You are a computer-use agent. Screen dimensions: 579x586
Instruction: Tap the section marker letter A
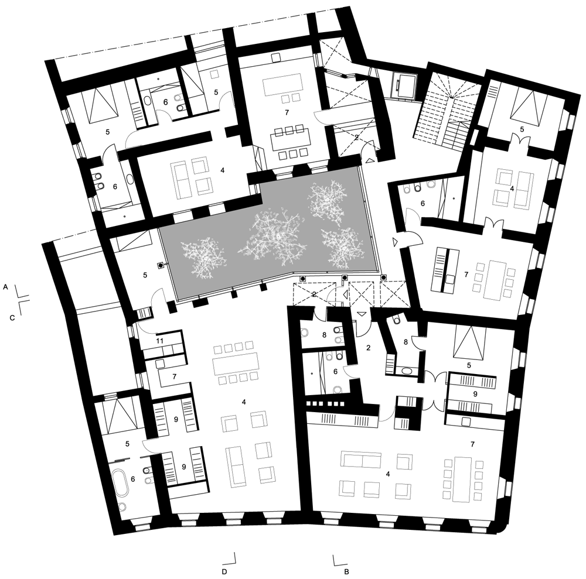point(5,288)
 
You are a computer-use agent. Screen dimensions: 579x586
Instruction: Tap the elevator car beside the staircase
point(403,85)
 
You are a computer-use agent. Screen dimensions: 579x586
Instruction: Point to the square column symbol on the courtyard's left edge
point(159,265)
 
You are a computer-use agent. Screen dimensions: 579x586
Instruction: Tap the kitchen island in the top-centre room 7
point(285,85)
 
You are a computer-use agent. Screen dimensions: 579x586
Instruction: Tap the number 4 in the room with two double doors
point(512,189)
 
